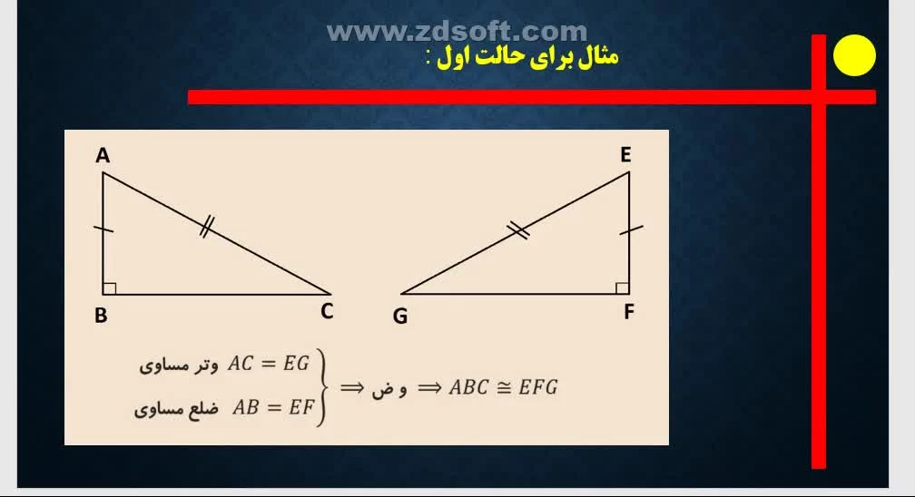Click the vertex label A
[103, 156]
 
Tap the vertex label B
[101, 315]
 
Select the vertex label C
[327, 311]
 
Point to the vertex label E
[625, 154]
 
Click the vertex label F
[628, 311]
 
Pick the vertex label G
[399, 316]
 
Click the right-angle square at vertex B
[110, 288]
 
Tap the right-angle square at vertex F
[622, 288]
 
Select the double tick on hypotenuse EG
[518, 230]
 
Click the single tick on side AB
[103, 229]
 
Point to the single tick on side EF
[631, 229]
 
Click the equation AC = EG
[268, 364]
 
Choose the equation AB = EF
[273, 406]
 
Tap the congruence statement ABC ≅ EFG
[503, 387]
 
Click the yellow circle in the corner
[854, 55]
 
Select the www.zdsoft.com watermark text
[457, 32]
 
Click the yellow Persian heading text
[522, 57]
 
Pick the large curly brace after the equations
[321, 387]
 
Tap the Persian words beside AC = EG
[179, 365]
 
